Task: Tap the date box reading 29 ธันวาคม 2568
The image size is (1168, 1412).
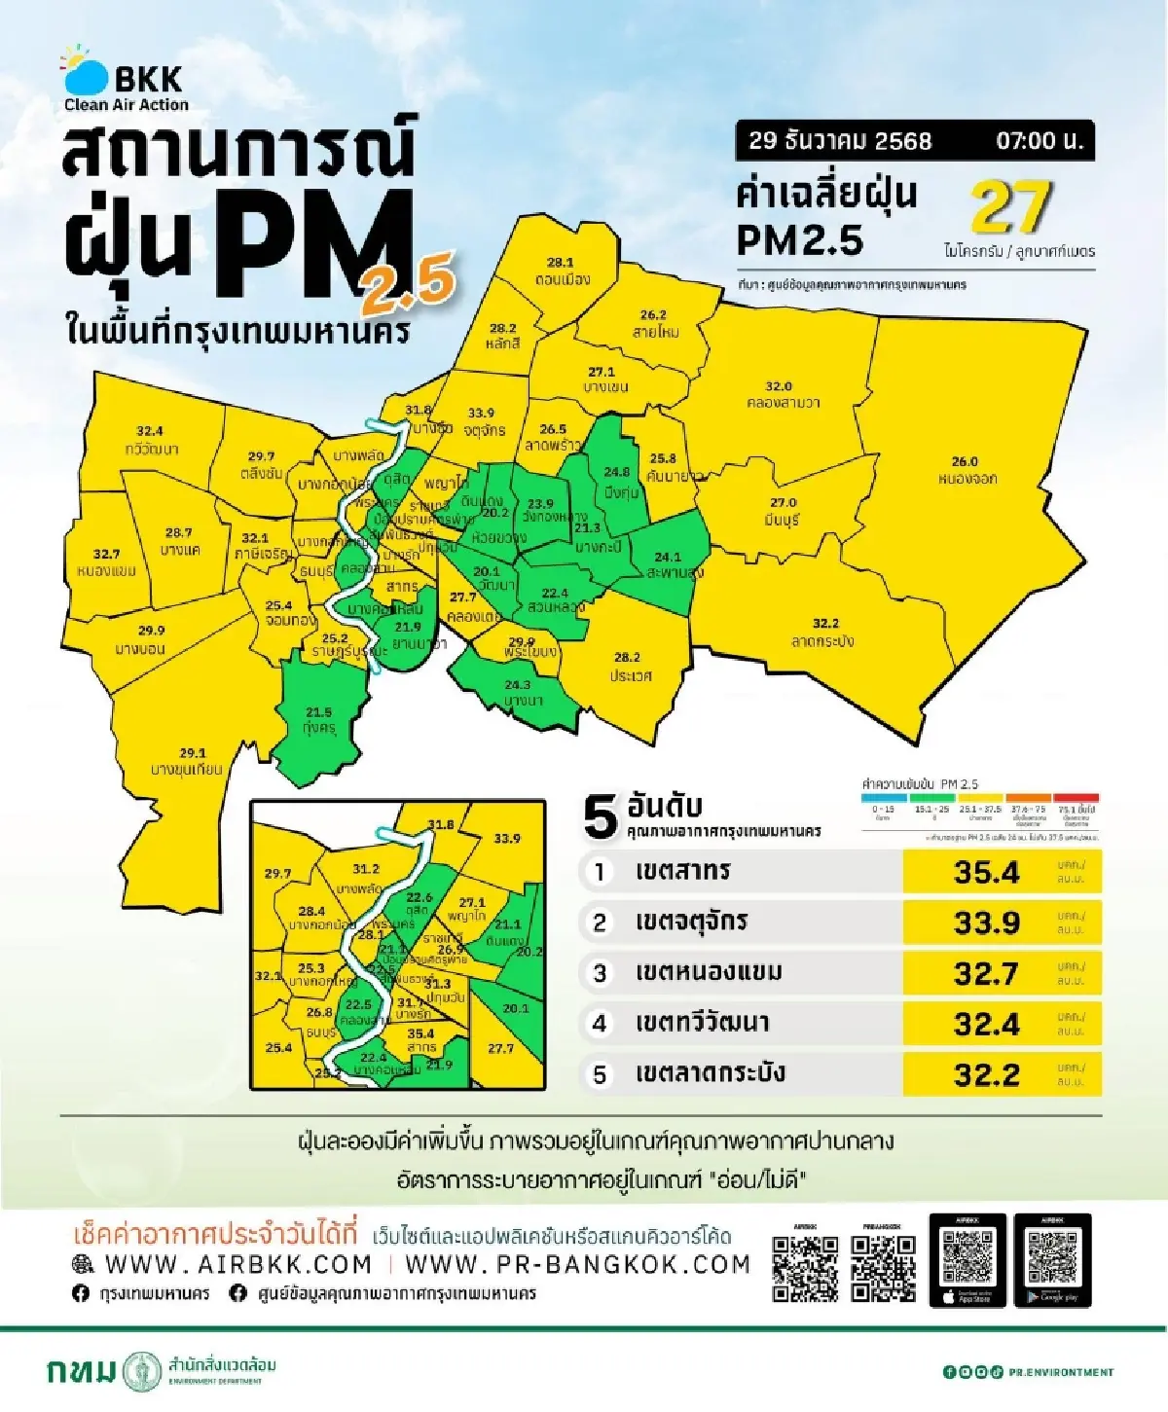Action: coord(839,141)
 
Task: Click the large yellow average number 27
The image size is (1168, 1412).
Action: coord(1009,207)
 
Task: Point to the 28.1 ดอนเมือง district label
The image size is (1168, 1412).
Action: coord(562,272)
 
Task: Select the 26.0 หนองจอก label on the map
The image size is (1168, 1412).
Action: coord(966,470)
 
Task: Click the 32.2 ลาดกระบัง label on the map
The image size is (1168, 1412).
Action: coord(823,633)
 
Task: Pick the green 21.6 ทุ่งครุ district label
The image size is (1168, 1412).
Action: coord(318,720)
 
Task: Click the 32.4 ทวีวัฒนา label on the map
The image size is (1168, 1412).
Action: coord(151,440)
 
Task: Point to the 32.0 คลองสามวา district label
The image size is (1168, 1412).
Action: coord(782,394)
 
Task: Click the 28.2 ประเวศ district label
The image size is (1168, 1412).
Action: coord(630,667)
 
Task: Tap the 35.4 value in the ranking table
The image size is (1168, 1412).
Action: coord(986,872)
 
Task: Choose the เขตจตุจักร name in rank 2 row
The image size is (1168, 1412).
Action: coord(691,922)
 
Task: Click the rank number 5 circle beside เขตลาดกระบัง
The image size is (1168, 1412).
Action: coord(600,1074)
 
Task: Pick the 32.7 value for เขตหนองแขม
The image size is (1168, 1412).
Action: coord(986,973)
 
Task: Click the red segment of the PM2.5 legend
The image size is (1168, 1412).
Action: coord(1076,798)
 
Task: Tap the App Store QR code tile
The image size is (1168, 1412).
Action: coord(967,1259)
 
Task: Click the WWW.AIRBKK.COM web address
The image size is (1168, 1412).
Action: coord(237,1264)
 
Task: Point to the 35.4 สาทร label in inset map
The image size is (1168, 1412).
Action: coord(420,1040)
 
